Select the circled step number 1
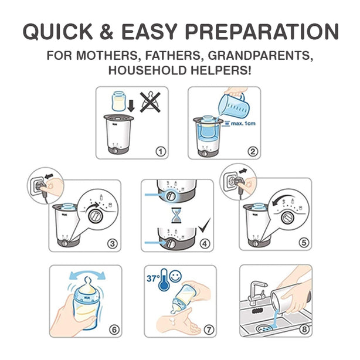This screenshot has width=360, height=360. (160, 151)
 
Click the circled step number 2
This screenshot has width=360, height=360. (253, 151)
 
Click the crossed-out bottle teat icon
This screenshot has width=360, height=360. (153, 101)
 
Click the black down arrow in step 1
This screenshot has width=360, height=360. (131, 106)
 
